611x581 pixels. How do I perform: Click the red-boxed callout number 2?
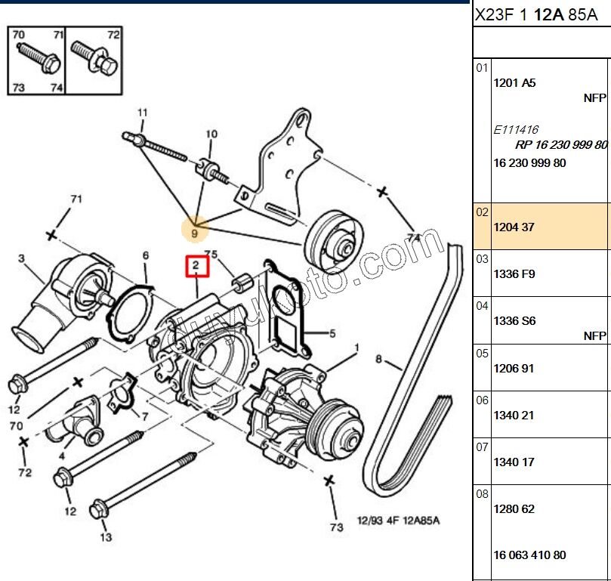(196, 265)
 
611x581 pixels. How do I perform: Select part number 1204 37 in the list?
(514, 227)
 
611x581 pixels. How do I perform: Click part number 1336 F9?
(514, 274)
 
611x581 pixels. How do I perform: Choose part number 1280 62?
(514, 508)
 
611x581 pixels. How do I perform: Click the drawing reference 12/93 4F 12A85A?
(398, 521)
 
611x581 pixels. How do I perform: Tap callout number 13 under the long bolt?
(106, 537)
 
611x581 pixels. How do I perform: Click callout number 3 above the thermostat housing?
(22, 258)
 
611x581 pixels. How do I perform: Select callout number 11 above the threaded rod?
(142, 113)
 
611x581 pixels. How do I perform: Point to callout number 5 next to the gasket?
(332, 333)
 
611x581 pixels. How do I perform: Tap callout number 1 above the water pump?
(356, 348)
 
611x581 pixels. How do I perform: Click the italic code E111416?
(516, 130)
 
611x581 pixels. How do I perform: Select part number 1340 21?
(514, 415)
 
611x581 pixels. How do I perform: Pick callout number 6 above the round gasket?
(145, 256)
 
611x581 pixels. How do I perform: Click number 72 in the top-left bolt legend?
(113, 36)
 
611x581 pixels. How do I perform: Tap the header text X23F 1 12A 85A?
(534, 14)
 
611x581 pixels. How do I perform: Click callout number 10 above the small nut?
(211, 134)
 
